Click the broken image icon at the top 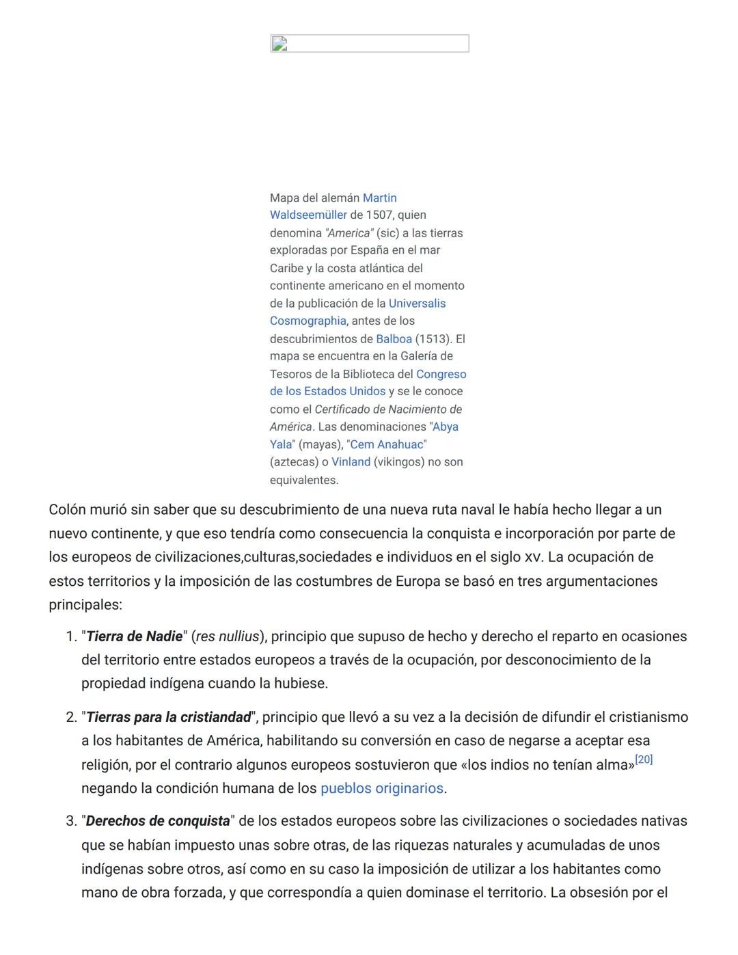click(279, 45)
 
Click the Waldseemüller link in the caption click(308, 215)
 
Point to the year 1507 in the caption click(379, 215)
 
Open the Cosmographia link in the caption click(307, 321)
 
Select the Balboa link click(394, 339)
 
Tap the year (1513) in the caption click(433, 339)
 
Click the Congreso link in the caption click(441, 374)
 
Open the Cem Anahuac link click(387, 445)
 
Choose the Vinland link click(351, 462)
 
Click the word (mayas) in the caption click(320, 445)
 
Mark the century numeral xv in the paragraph click(533, 558)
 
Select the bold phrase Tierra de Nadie click(134, 636)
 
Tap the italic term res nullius click(228, 636)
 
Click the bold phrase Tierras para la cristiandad click(168, 717)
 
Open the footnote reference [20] click(644, 759)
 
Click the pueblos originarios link click(382, 788)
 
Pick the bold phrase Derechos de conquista click(158, 821)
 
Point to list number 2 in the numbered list click(71, 717)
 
